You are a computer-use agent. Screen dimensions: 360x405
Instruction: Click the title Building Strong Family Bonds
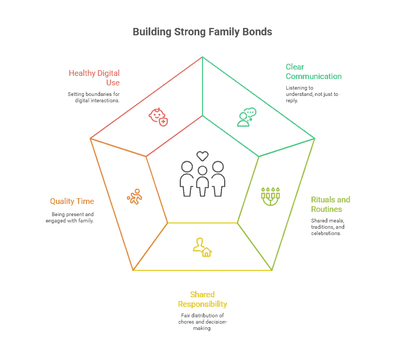click(x=202, y=32)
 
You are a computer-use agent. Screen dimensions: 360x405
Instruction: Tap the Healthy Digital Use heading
click(x=94, y=77)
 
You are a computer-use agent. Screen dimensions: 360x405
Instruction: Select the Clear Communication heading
click(x=313, y=71)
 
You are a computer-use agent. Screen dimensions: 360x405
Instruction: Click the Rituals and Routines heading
click(x=331, y=204)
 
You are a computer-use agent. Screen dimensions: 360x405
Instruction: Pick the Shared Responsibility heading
click(x=202, y=299)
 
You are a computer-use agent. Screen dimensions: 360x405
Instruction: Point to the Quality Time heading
click(x=72, y=201)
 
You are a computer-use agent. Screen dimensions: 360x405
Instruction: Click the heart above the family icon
click(x=202, y=156)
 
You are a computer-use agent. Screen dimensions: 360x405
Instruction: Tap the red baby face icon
click(x=158, y=116)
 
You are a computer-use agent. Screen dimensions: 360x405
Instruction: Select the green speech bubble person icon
click(x=246, y=117)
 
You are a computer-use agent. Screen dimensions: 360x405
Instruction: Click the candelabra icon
click(x=271, y=196)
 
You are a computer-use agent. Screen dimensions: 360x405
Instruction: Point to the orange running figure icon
click(x=134, y=197)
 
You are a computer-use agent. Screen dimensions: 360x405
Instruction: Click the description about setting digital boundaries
click(x=94, y=97)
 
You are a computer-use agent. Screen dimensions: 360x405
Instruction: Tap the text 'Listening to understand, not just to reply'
click(x=312, y=94)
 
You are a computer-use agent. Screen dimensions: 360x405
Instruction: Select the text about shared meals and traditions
click(x=327, y=226)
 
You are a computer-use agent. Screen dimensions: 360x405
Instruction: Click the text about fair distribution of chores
click(x=202, y=322)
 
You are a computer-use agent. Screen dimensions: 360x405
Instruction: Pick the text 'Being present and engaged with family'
click(x=70, y=217)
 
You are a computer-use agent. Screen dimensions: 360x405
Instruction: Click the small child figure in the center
click(x=202, y=181)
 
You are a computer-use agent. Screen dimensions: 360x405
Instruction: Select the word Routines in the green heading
click(x=326, y=209)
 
